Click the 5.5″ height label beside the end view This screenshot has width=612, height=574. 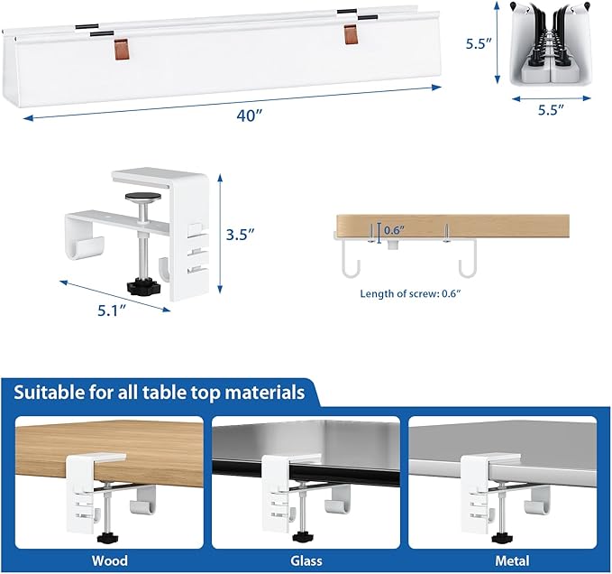click(x=476, y=42)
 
